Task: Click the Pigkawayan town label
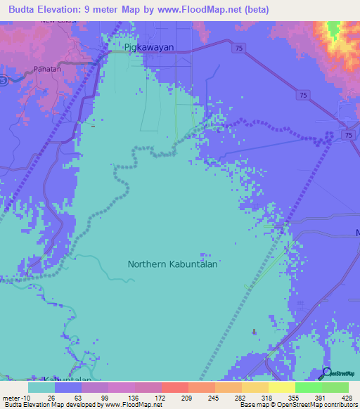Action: [x=148, y=48]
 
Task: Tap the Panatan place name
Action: [x=48, y=70]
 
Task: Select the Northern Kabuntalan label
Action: [x=172, y=264]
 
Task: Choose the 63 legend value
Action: [x=82, y=398]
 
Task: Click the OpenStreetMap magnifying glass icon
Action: [x=326, y=372]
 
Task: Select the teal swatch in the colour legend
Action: [x=41, y=387]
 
